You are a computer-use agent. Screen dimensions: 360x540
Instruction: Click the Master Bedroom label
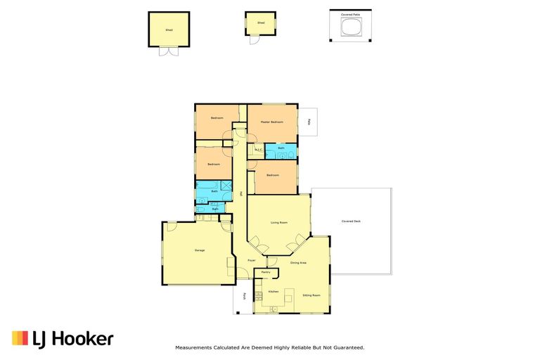click(271, 122)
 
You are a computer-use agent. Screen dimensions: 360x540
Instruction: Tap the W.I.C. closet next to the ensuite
click(259, 150)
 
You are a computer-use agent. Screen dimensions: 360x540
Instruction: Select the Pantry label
click(266, 271)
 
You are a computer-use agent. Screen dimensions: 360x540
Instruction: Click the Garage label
click(200, 250)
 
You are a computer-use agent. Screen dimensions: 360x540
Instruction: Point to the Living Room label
click(279, 223)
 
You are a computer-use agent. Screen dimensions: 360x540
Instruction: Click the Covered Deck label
click(351, 221)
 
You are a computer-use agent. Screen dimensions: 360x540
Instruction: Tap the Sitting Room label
click(311, 295)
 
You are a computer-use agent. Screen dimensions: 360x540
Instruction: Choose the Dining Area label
click(298, 263)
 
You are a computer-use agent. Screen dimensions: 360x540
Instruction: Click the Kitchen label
click(273, 291)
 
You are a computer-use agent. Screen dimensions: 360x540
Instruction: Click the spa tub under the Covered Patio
click(351, 27)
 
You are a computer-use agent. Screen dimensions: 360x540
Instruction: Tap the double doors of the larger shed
click(169, 52)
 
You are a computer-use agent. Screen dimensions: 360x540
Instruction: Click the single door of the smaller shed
click(255, 39)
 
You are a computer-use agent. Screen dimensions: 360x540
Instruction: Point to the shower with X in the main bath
click(226, 186)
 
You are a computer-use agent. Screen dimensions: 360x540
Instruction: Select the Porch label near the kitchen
click(244, 296)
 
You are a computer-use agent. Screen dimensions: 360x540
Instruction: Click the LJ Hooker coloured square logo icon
click(20, 338)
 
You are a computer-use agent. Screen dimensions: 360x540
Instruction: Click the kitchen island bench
click(287, 300)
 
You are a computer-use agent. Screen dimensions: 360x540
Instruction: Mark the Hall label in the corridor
click(240, 193)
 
